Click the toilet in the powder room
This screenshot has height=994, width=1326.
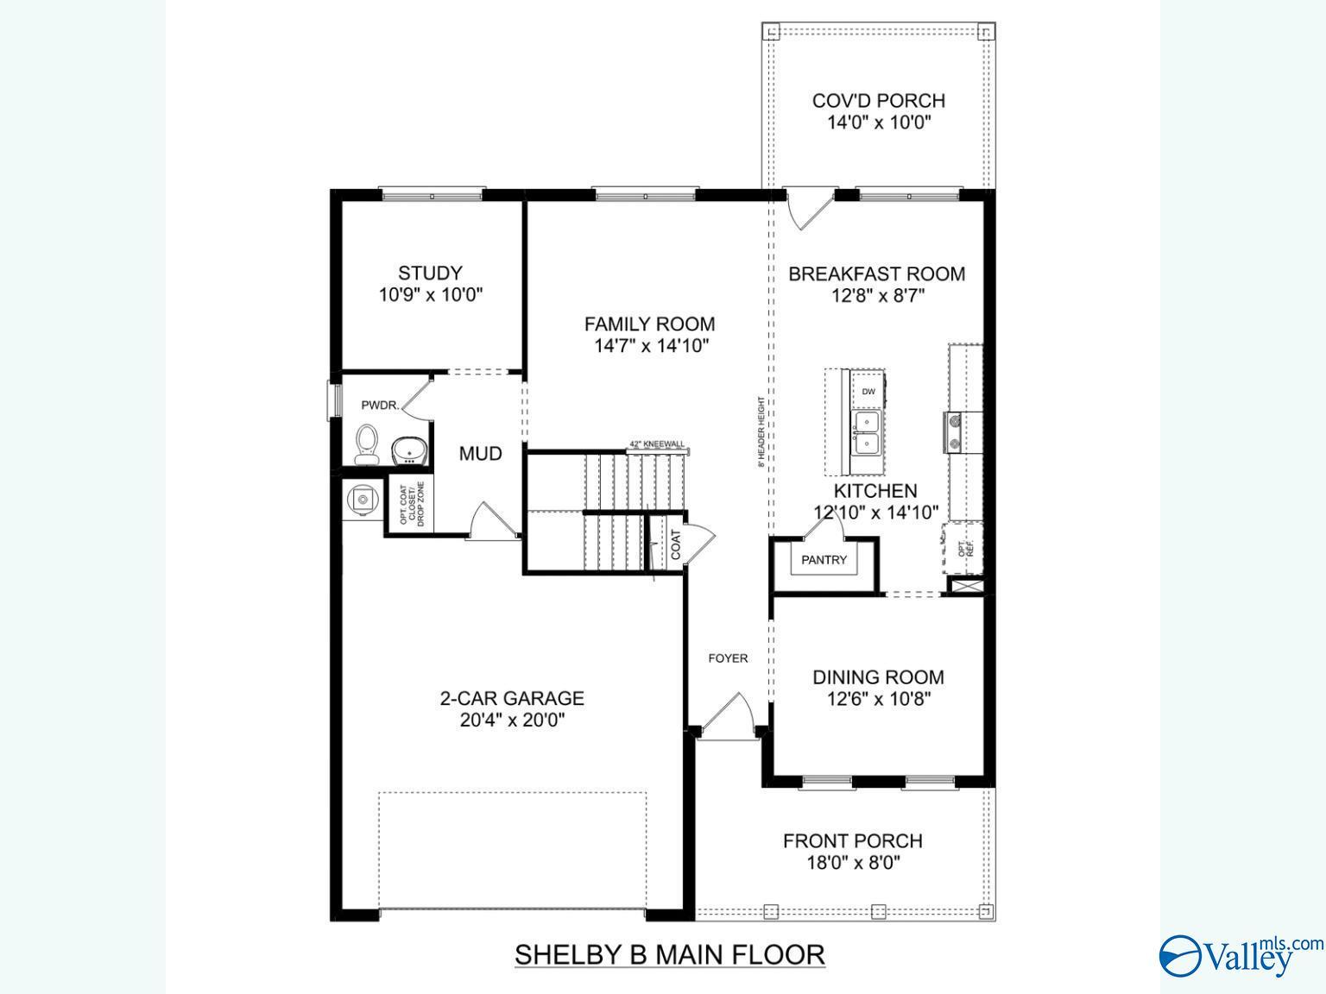click(368, 444)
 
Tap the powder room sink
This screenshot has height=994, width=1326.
click(409, 450)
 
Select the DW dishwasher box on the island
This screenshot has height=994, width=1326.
click(868, 392)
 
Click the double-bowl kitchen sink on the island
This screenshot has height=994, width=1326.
click(867, 433)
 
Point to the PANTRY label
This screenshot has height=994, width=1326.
click(824, 560)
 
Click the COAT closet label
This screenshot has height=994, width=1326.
click(676, 544)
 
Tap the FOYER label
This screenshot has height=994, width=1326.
click(728, 658)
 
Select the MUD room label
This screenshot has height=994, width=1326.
click(480, 454)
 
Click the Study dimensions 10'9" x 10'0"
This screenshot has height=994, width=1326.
click(430, 295)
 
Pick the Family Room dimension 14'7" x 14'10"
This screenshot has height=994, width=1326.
click(650, 347)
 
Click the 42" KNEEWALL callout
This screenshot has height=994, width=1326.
click(657, 444)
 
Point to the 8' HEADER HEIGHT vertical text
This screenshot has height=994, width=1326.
click(761, 431)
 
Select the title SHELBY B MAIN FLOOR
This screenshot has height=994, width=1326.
click(669, 954)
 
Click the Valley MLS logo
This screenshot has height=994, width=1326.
click(1240, 955)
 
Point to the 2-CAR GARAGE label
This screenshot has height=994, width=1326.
click(512, 698)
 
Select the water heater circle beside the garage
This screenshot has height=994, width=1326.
click(363, 500)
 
